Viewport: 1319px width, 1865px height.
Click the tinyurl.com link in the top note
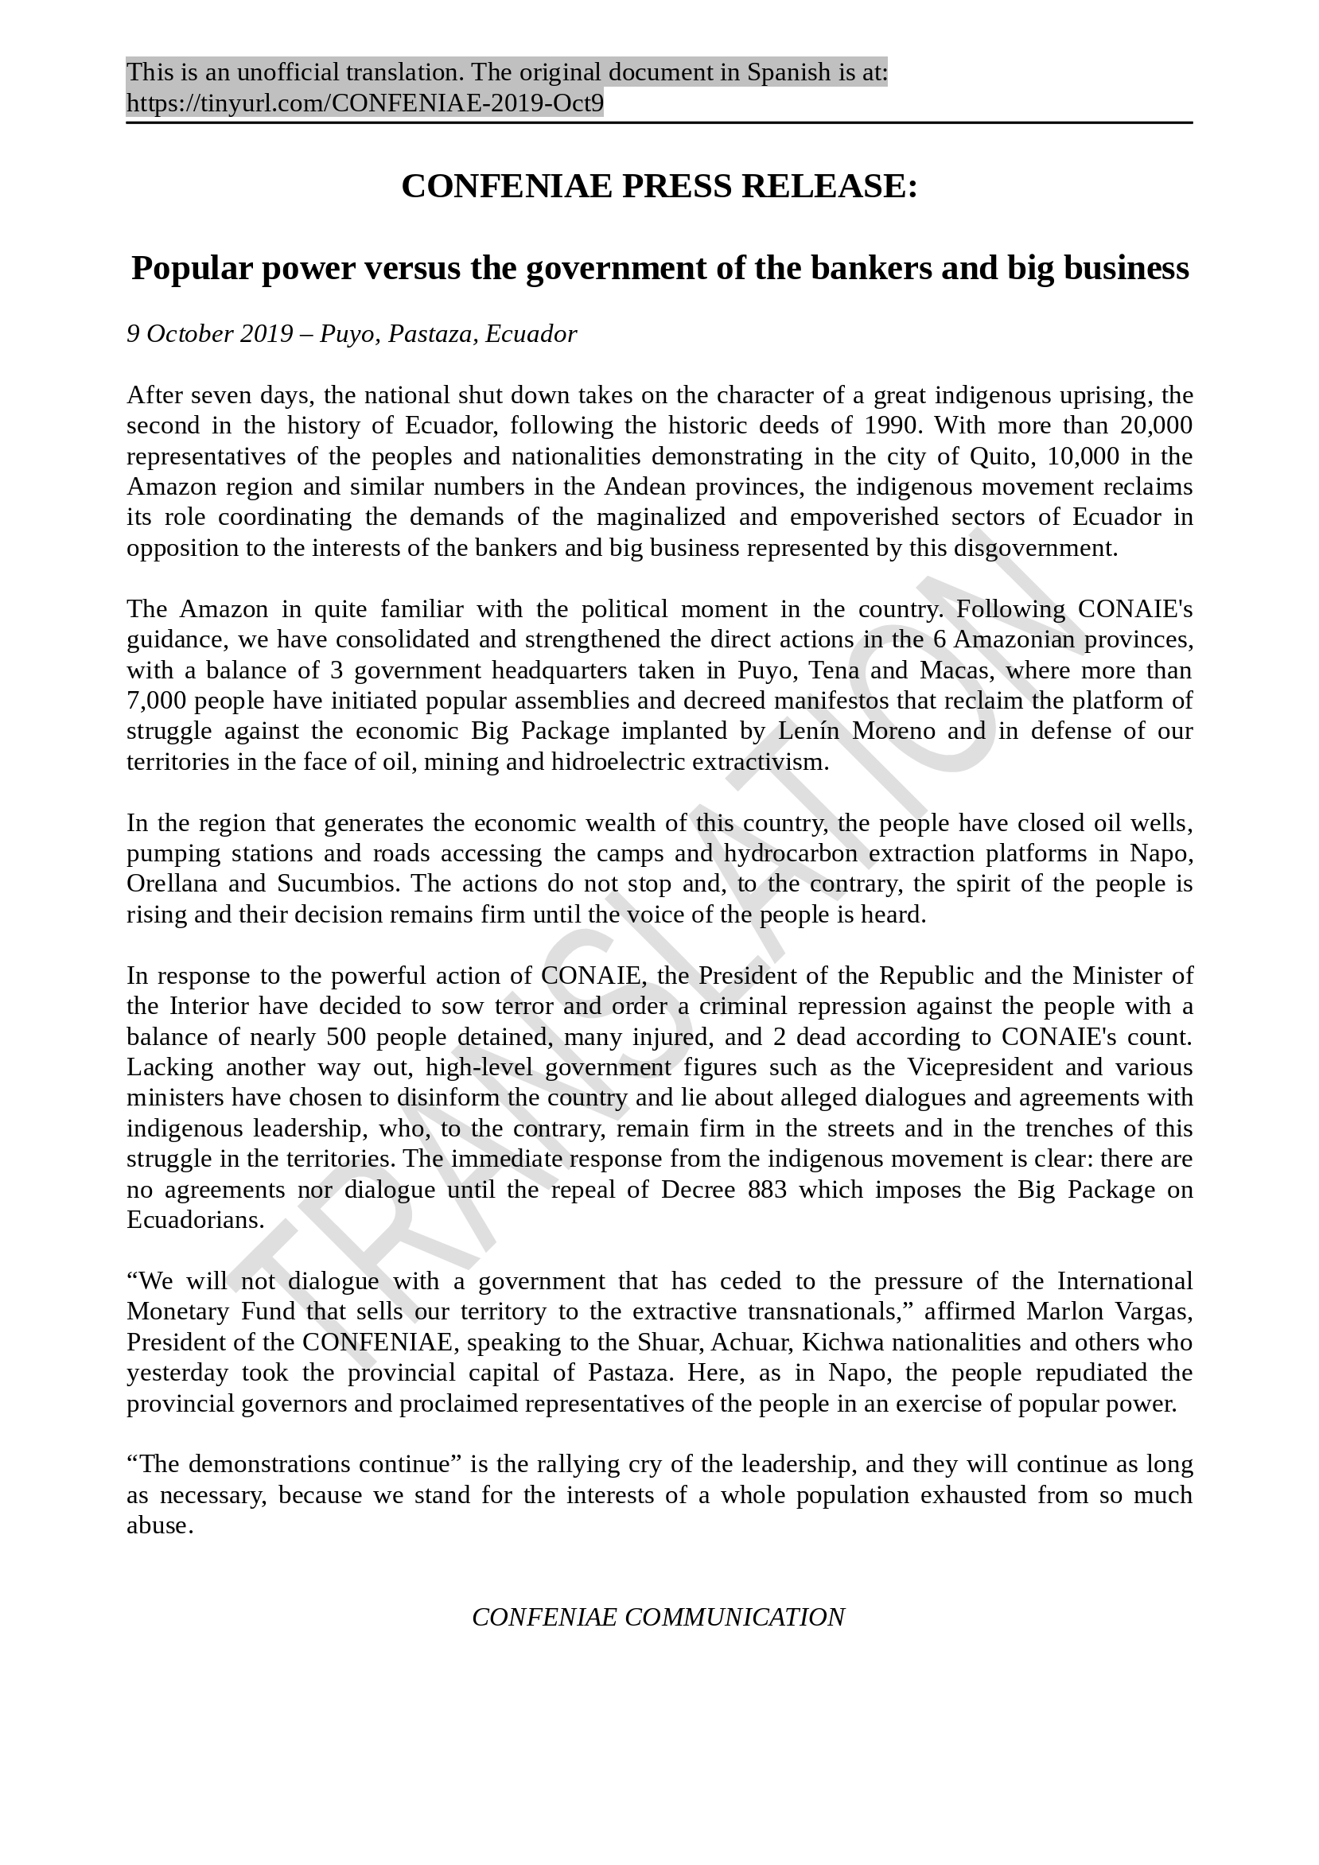[365, 104]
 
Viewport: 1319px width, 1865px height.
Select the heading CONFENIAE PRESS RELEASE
[659, 187]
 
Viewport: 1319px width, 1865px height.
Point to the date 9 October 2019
[210, 334]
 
